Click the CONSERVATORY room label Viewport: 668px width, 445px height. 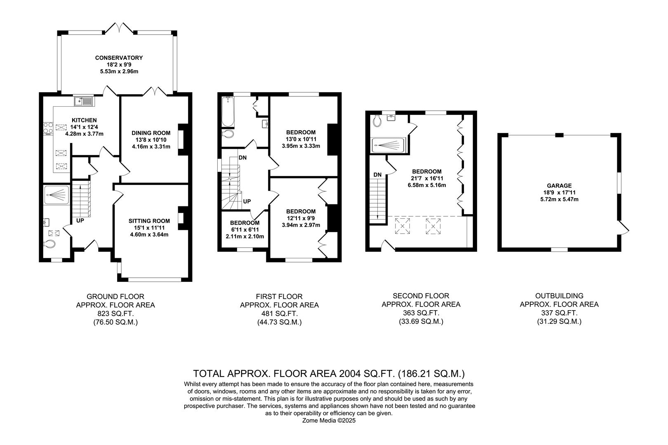click(119, 58)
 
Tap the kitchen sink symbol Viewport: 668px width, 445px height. click(84, 100)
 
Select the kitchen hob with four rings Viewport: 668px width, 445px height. click(48, 129)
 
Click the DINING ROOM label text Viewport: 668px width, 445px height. click(151, 133)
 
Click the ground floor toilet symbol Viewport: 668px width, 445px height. click(50, 244)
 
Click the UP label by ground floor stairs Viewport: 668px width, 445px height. click(80, 220)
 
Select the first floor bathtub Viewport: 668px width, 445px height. click(228, 112)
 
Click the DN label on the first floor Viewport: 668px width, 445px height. click(242, 157)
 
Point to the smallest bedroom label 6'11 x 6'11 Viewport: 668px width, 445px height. click(245, 230)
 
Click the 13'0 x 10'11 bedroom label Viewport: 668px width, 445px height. click(301, 139)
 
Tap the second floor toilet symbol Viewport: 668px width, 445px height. click(376, 121)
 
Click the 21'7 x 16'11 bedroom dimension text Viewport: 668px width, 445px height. click(427, 178)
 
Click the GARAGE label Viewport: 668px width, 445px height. click(559, 185)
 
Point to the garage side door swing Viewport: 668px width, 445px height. click(625, 228)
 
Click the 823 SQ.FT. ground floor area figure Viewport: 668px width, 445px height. click(115, 314)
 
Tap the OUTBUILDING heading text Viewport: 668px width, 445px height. click(559, 295)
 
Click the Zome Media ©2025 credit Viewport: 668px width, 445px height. click(329, 421)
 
